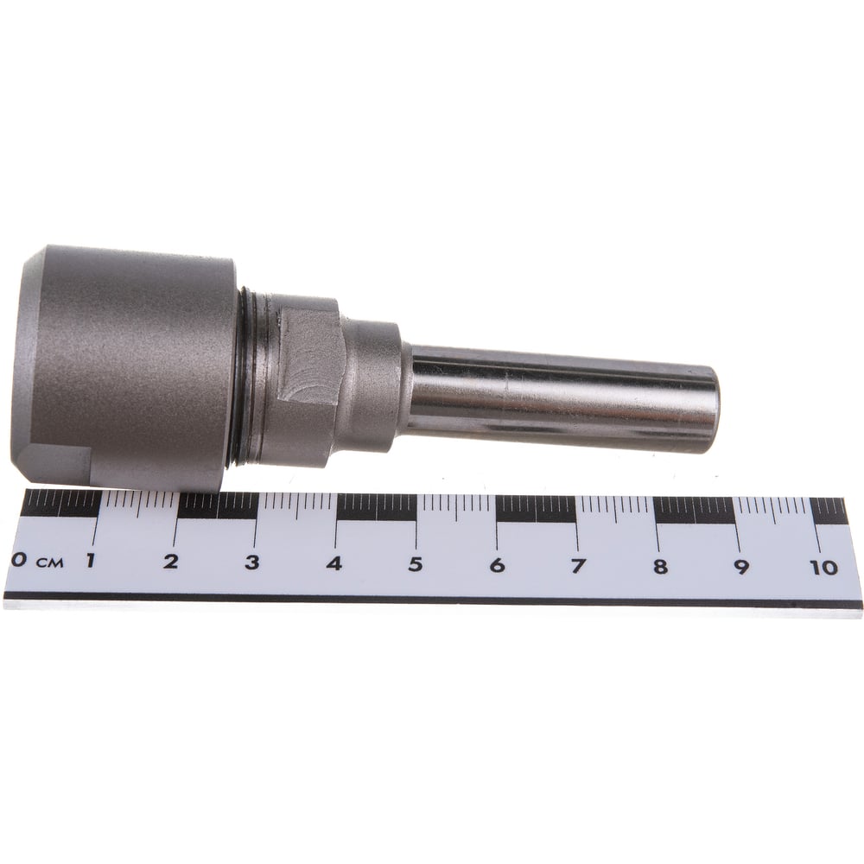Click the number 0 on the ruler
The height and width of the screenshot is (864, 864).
[x=19, y=561]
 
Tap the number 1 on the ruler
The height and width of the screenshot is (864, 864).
[x=90, y=561]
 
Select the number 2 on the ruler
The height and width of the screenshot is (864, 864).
[x=171, y=562]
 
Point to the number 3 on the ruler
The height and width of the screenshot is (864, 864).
[x=251, y=562]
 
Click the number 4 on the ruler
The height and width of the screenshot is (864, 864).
[x=334, y=563]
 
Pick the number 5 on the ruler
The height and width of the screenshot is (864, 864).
[x=416, y=564]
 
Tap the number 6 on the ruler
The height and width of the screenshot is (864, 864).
[x=497, y=565]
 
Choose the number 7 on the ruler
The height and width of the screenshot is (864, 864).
[x=578, y=565]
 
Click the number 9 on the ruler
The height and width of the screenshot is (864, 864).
[x=741, y=567]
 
